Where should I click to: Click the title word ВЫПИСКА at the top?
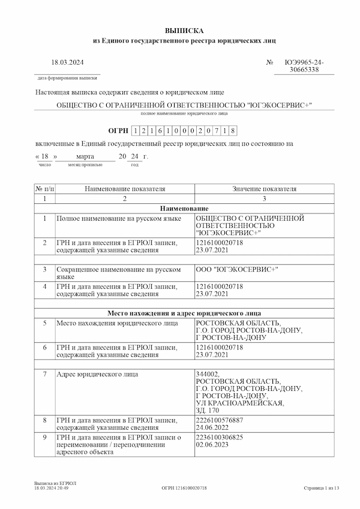click(x=185, y=30)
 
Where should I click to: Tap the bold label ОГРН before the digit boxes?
click(x=118, y=130)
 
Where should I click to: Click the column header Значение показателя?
click(x=264, y=189)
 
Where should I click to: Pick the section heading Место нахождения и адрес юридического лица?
click(x=184, y=313)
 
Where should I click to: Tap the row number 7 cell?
click(x=44, y=374)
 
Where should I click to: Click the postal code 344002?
click(x=208, y=374)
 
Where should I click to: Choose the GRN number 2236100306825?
click(x=220, y=437)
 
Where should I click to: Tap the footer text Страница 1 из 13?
click(x=321, y=489)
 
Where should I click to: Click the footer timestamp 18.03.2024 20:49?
click(x=52, y=489)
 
